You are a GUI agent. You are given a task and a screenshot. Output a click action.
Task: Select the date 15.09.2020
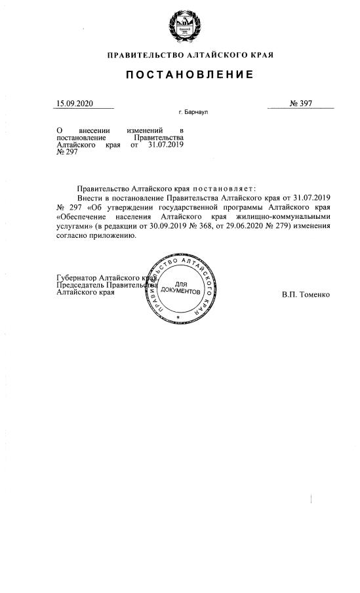(x=75, y=104)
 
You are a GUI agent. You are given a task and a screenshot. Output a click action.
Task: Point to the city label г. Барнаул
(x=193, y=113)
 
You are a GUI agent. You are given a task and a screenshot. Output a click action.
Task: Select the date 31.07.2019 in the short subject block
(x=166, y=145)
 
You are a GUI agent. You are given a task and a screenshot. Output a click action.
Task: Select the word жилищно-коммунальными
(x=285, y=216)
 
